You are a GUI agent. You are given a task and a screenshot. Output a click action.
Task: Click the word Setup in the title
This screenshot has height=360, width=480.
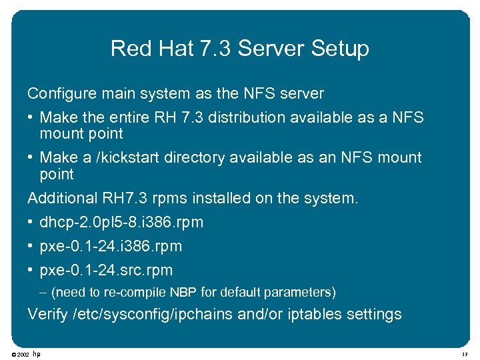[x=343, y=49]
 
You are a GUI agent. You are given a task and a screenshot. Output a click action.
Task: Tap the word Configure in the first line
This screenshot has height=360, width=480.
[x=57, y=94]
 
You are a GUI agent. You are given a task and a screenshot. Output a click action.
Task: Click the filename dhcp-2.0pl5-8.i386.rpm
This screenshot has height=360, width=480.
[x=121, y=222]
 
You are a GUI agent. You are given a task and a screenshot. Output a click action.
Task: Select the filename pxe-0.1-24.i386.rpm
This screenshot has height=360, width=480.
[x=111, y=246]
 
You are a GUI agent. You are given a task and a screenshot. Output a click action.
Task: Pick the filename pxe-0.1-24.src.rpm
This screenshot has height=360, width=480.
[x=106, y=270]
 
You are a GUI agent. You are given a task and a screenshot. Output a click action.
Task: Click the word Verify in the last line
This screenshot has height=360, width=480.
[x=47, y=314]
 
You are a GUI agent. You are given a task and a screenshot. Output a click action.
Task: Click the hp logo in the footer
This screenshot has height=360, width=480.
[x=37, y=353]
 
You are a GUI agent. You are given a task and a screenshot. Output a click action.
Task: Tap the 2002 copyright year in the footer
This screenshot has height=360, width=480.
[x=22, y=354]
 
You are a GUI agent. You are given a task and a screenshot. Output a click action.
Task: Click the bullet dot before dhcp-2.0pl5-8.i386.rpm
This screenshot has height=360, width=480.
[x=31, y=222]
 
